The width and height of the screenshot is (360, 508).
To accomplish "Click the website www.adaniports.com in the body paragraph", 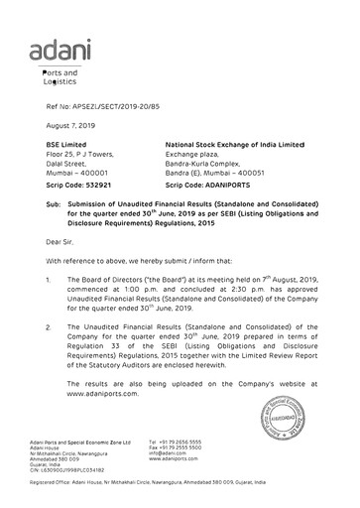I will pos(101,394).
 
